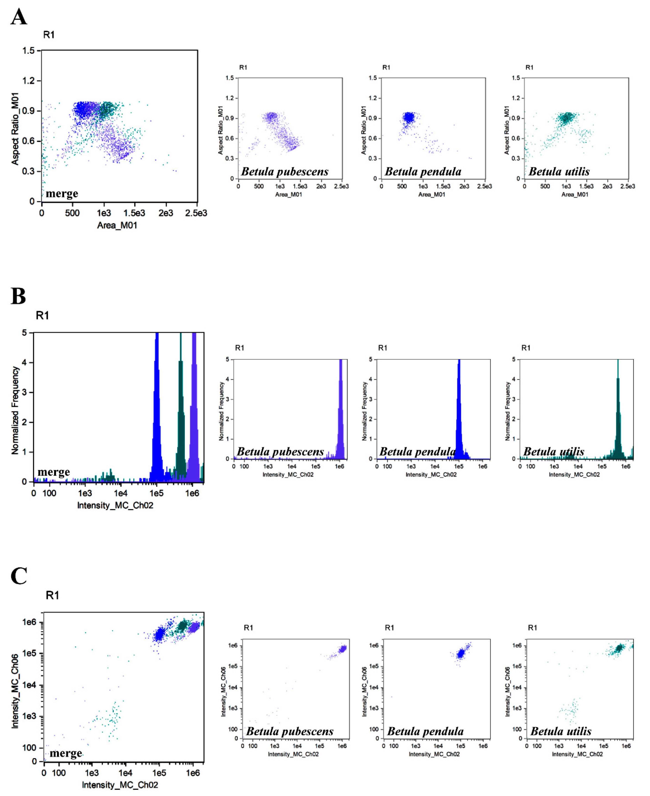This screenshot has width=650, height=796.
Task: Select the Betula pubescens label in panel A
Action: pyautogui.click(x=285, y=172)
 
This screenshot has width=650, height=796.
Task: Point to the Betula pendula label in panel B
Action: pyautogui.click(x=418, y=452)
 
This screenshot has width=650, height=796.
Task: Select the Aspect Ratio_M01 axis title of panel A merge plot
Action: pyautogui.click(x=15, y=128)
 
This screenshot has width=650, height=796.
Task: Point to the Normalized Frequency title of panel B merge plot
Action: pyautogui.click(x=15, y=410)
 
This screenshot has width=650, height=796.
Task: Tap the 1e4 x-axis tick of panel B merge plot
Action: pyautogui.click(x=121, y=493)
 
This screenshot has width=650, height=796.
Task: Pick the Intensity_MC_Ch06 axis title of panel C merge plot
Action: pyautogui.click(x=15, y=691)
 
